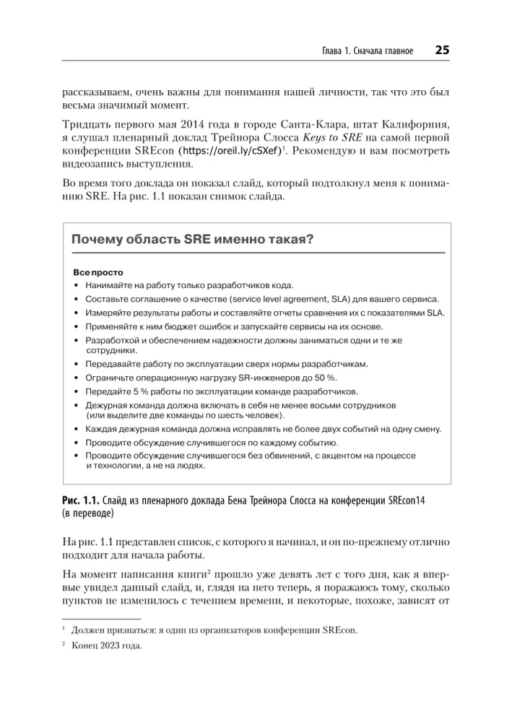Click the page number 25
pyautogui.click(x=441, y=51)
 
